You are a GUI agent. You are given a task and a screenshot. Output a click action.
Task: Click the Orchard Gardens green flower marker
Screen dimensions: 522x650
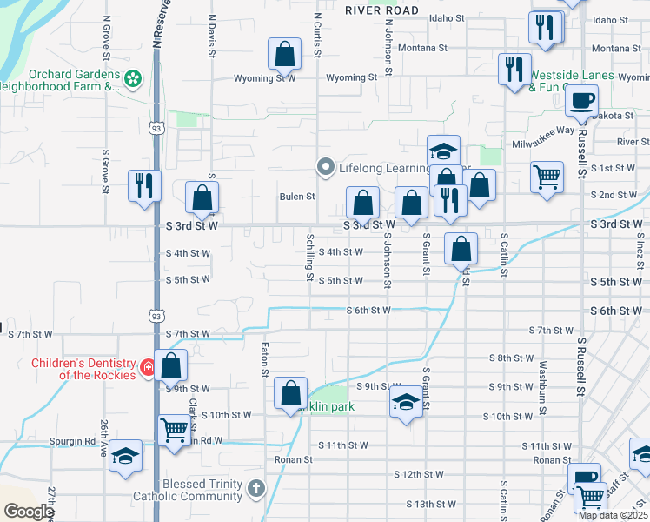point(132,80)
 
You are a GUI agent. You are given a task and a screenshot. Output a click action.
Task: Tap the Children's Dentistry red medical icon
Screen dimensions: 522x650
point(149,368)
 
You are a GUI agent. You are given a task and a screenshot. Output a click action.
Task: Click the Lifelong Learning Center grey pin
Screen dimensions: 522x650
point(326,166)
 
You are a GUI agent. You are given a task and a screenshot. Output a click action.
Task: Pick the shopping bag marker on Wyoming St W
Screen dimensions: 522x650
point(284,56)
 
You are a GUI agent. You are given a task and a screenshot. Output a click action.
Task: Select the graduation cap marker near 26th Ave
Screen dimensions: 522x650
point(126,456)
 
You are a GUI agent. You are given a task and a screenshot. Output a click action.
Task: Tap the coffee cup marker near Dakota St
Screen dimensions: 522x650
point(581,100)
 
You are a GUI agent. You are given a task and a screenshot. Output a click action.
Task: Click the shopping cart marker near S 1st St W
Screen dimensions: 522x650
point(547,177)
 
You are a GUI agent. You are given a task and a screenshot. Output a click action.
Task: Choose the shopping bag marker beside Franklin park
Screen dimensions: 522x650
point(290,393)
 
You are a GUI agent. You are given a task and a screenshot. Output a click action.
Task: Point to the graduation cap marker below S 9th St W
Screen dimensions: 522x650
point(405,403)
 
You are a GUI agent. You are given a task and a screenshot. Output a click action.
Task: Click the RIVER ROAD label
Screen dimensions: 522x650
point(381,10)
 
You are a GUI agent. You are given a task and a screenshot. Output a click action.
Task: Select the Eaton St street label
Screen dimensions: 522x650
point(264,359)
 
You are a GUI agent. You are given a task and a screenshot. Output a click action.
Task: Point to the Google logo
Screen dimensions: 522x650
point(28,512)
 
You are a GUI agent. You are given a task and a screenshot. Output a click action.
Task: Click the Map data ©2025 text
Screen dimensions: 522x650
point(612,515)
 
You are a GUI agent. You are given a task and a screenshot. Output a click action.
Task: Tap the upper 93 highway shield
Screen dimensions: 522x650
point(156,128)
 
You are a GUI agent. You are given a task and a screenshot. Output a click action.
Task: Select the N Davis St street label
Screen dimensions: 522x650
point(211,34)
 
